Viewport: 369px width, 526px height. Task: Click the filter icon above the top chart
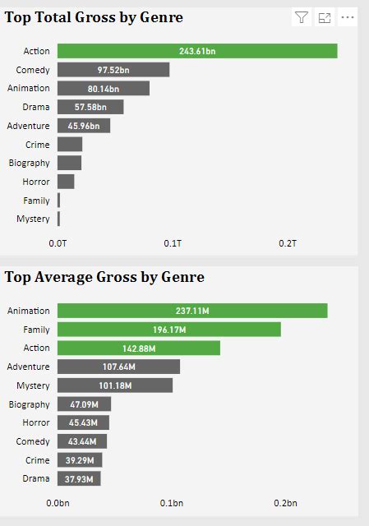click(x=302, y=17)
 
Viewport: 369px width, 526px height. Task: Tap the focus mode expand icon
click(x=325, y=17)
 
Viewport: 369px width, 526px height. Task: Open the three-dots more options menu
click(x=348, y=17)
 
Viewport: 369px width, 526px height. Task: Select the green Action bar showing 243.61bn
click(x=197, y=51)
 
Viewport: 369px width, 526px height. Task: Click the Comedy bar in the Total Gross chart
click(x=113, y=70)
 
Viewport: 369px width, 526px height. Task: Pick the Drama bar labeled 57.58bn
click(x=90, y=107)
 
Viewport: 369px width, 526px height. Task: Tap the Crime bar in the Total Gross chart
click(x=70, y=145)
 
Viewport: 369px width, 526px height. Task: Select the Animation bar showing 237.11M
click(x=192, y=311)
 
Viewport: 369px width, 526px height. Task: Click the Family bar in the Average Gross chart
click(x=169, y=330)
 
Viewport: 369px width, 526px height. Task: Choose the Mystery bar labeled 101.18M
click(x=115, y=385)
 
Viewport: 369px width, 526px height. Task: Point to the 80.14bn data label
click(x=104, y=89)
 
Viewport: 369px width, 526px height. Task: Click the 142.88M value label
click(x=139, y=348)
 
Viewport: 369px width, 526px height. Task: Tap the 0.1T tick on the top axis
click(x=173, y=244)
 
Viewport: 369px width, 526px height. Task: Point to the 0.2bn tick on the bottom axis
click(x=285, y=503)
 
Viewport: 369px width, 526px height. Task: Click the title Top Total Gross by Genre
click(x=94, y=17)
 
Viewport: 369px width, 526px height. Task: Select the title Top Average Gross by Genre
click(x=104, y=277)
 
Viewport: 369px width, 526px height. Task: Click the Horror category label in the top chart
click(x=36, y=182)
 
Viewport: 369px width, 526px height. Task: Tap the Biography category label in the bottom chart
click(x=29, y=404)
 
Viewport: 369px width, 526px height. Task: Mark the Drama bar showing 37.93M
click(x=79, y=479)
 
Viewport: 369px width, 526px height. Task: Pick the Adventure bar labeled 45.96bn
click(x=84, y=126)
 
